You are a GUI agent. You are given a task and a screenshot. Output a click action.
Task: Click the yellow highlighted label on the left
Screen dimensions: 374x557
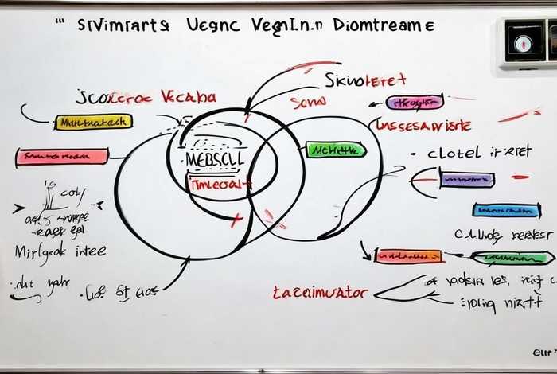pos(93,122)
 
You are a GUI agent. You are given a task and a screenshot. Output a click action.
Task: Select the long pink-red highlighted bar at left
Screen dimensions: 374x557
pos(62,157)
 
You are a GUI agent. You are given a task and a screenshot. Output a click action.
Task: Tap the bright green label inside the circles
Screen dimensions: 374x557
pos(335,150)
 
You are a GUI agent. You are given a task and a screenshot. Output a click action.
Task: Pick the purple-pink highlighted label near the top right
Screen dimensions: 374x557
pos(415,102)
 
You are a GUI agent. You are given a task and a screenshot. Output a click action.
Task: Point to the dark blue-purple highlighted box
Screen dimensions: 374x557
pos(467,180)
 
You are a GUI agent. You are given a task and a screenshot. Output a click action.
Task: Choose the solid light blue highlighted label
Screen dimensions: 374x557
pos(507,210)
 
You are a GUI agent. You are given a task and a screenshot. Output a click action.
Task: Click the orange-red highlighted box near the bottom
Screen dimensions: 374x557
pos(408,256)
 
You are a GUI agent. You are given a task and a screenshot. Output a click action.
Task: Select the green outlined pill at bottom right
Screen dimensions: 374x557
pos(512,257)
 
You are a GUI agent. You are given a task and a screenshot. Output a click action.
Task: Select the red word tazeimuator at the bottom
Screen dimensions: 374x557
pos(320,293)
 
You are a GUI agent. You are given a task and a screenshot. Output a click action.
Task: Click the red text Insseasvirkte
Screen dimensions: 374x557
pos(423,125)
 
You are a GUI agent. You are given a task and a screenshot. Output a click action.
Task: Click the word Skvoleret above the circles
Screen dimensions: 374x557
pos(365,80)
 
